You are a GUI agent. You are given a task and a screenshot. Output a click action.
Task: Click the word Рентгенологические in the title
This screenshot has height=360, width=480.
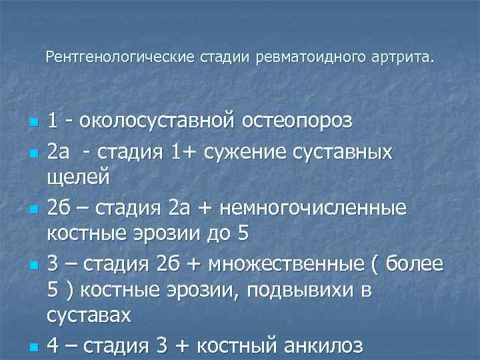click(x=120, y=58)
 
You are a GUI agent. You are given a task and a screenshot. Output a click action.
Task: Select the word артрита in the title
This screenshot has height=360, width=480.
click(x=400, y=58)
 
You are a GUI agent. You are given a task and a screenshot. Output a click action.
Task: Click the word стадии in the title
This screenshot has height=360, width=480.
click(x=219, y=58)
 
